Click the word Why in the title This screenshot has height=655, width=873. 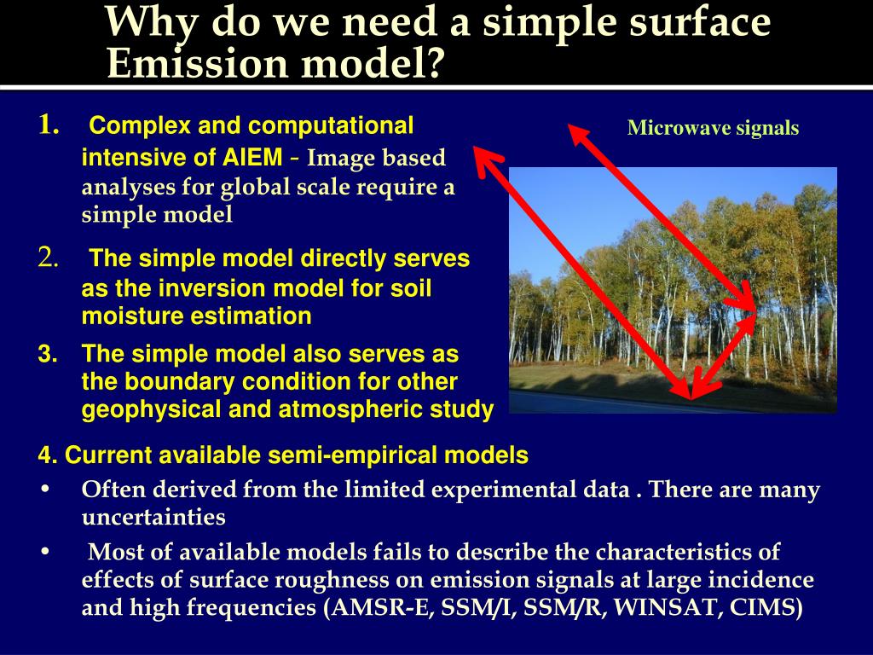(152, 23)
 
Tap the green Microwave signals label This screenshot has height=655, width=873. (713, 129)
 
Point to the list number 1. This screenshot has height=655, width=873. (48, 127)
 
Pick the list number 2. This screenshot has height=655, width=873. (48, 258)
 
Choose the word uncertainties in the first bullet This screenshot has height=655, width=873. (153, 517)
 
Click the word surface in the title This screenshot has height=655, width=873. (698, 23)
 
